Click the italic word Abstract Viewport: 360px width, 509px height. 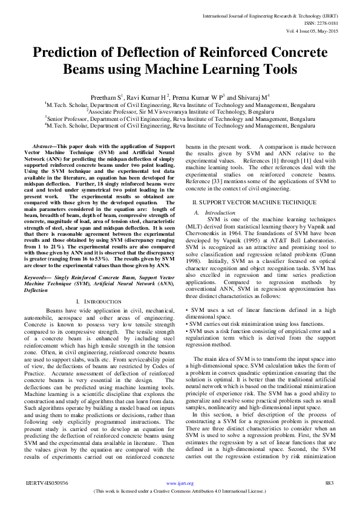(x=42, y=147)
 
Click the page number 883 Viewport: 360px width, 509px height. (x=330, y=483)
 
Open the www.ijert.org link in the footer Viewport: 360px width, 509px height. (x=180, y=484)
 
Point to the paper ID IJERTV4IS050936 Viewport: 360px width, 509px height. (x=47, y=483)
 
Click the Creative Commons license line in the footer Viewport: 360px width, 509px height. (x=180, y=491)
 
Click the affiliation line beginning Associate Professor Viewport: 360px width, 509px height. (x=180, y=112)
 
